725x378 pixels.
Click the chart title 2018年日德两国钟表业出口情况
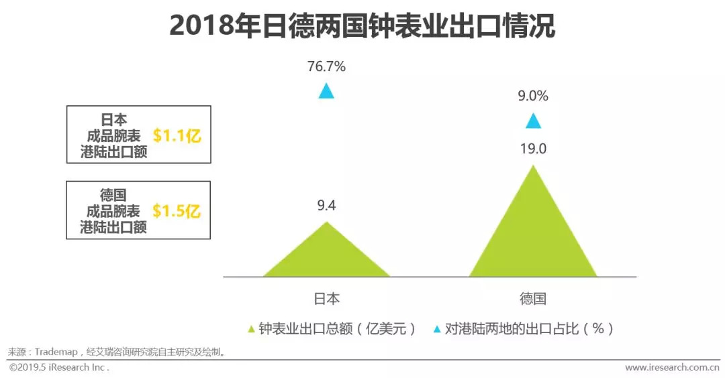point(362,26)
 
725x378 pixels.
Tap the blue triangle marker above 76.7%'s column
point(326,91)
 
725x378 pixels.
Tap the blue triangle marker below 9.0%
point(533,121)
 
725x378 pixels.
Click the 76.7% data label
point(326,66)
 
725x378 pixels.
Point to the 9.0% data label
point(533,96)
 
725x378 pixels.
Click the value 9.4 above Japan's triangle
point(326,206)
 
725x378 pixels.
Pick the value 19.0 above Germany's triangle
point(533,149)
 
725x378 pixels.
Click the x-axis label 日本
point(326,299)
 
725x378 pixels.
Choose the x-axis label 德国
point(533,299)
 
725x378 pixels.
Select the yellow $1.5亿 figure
point(177,211)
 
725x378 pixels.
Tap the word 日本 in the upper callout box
point(113,120)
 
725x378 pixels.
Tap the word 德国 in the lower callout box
point(113,195)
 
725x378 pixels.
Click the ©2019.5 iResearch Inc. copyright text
point(59,367)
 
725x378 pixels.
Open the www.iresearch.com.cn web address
point(672,367)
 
